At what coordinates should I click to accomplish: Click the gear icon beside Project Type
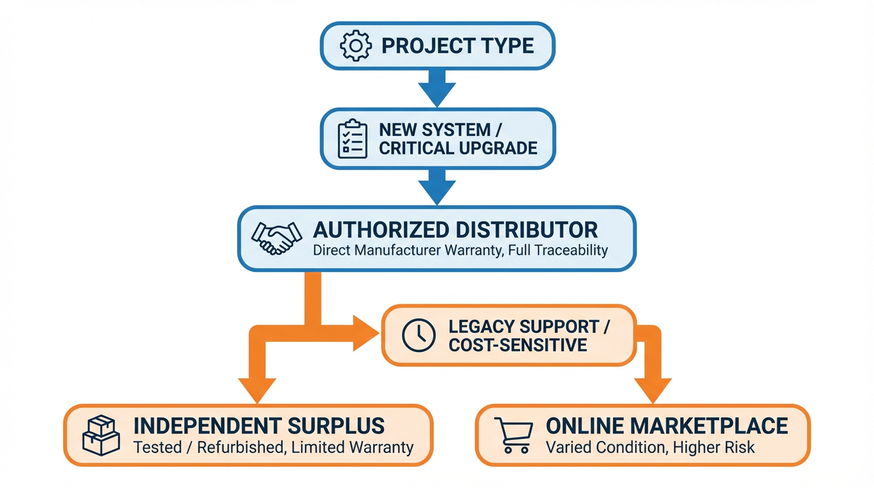click(x=355, y=46)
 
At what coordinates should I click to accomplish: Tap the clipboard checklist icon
click(x=353, y=139)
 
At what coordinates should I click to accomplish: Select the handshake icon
click(x=276, y=238)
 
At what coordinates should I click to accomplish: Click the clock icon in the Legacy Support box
click(x=419, y=335)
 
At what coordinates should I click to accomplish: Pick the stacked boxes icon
click(x=101, y=436)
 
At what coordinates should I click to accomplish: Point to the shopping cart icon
click(x=513, y=435)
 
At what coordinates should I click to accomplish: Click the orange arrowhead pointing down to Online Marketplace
click(x=653, y=389)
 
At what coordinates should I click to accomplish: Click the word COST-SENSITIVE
click(x=518, y=345)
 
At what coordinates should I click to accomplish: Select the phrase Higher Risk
click(x=715, y=447)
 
